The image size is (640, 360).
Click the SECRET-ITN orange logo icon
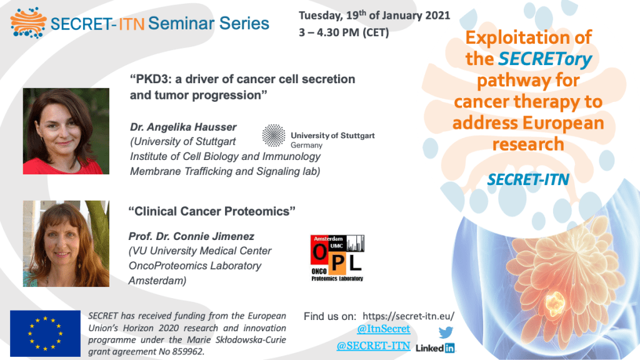pos(28,23)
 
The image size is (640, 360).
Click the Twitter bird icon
pos(446,332)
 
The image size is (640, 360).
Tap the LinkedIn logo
pos(435,347)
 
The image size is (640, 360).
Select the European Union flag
pos(45,334)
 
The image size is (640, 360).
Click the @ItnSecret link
pos(383,329)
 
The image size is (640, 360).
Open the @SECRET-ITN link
pos(373,346)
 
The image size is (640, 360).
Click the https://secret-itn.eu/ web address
pos(408,316)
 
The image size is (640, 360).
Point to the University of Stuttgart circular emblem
pos(274,136)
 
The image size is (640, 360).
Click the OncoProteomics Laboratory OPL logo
pos(337,258)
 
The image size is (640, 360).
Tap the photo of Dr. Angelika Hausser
pos(66,131)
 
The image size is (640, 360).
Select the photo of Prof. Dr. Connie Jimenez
pos(66,243)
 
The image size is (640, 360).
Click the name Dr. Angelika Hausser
pos(183,127)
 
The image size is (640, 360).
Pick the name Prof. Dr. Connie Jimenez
pos(191,236)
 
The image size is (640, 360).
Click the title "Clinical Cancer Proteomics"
pos(212,211)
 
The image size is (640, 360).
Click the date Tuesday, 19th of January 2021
pos(374,16)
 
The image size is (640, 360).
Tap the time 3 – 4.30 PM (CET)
pos(344,32)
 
